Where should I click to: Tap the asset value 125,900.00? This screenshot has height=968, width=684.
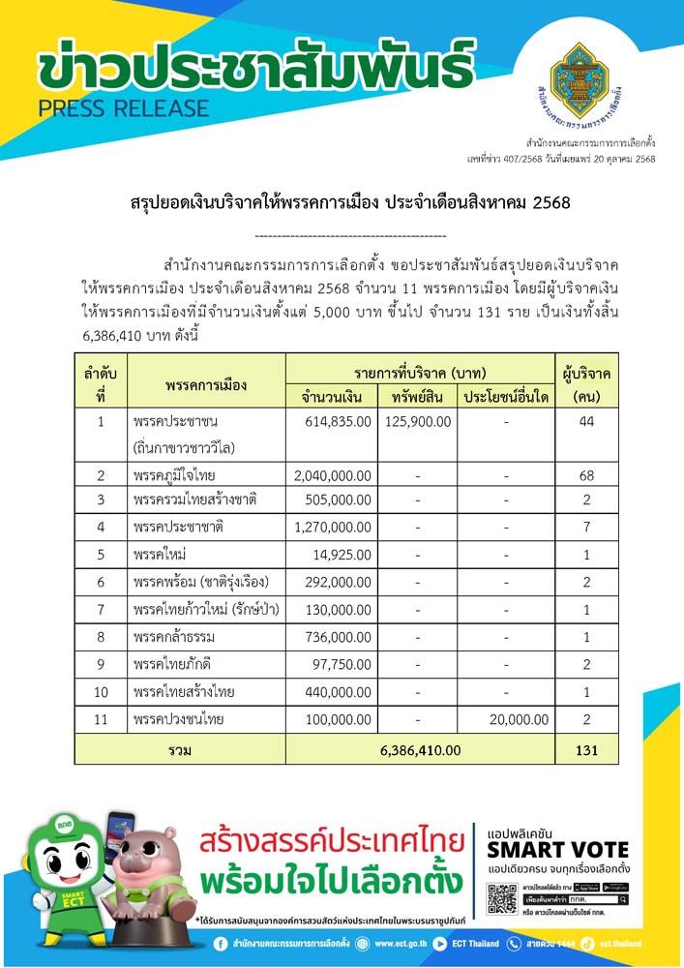pos(418,421)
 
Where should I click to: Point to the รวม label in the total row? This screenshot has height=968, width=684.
pos(180,749)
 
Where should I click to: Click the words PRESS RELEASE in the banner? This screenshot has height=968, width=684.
pos(123,107)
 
